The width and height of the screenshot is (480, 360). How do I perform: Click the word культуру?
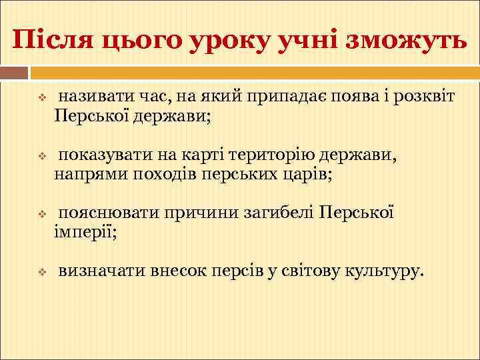tap(383, 271)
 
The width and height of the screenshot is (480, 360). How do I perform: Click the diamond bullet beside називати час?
tap(41, 99)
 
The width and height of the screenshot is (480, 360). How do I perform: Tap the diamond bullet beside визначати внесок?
tap(41, 272)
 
